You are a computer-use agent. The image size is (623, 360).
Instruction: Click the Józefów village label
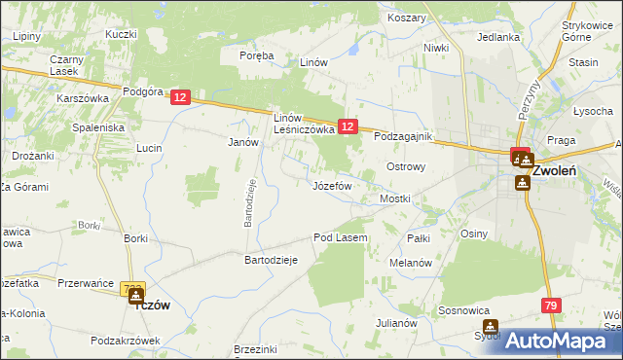(x=332, y=185)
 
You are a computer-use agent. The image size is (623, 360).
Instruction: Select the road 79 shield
(x=551, y=306)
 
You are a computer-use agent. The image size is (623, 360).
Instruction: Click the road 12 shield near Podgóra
(x=180, y=97)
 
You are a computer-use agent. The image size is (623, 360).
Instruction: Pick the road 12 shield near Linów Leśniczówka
(x=348, y=126)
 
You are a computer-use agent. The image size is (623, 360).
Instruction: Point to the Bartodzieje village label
(x=270, y=261)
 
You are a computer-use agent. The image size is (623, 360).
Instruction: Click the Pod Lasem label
(x=340, y=237)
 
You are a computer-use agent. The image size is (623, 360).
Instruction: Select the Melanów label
(x=410, y=264)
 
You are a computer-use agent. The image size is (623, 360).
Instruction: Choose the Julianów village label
(x=397, y=323)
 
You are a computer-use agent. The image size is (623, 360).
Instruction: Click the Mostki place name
(x=395, y=198)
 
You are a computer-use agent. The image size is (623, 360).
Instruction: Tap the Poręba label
(x=257, y=55)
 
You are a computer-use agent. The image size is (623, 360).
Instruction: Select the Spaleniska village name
(x=98, y=127)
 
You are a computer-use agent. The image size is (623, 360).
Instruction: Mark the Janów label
(x=242, y=142)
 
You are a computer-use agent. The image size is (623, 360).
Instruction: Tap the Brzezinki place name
(x=257, y=349)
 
